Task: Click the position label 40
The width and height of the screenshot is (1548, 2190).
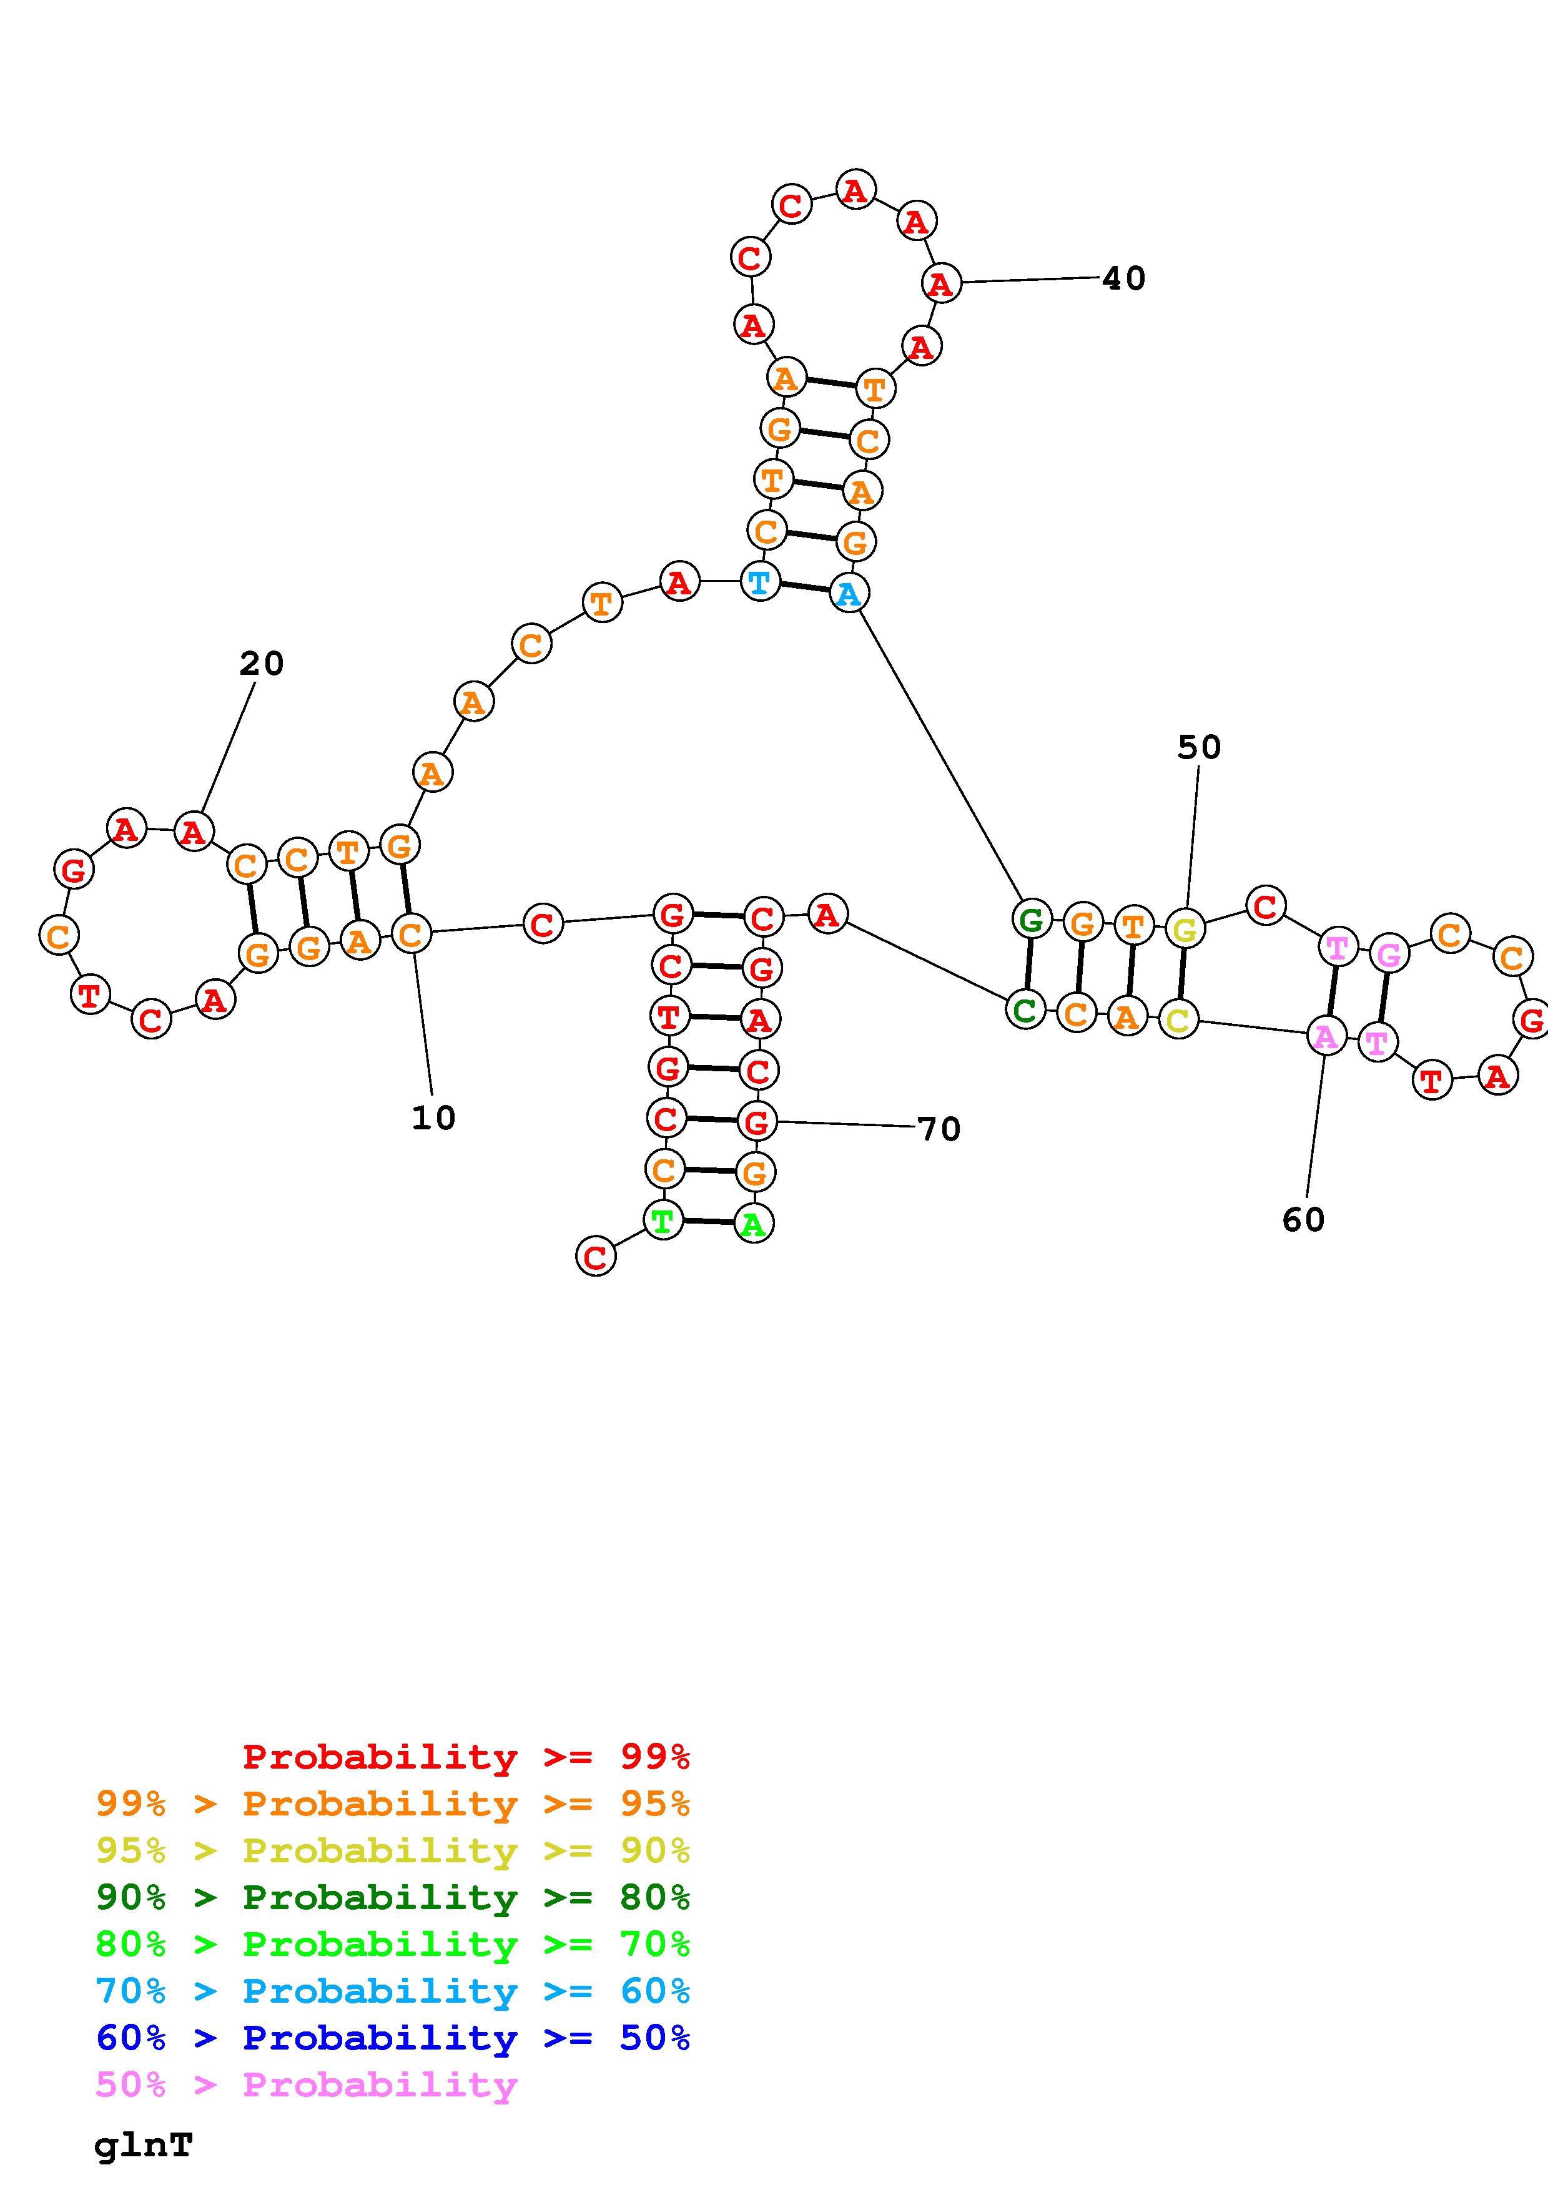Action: (x=1123, y=278)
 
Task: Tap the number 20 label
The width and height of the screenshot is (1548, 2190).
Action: (x=262, y=664)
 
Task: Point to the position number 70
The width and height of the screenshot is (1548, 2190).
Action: (x=939, y=1129)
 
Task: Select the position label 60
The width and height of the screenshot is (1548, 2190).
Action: (x=1303, y=1220)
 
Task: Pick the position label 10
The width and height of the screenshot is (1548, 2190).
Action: (x=433, y=1118)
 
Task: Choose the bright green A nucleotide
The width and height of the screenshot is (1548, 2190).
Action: (x=754, y=1224)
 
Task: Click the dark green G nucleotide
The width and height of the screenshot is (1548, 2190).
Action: (x=1031, y=920)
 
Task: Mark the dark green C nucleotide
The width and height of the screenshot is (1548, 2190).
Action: (x=1025, y=1009)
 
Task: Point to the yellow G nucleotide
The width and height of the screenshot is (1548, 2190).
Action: (x=1185, y=928)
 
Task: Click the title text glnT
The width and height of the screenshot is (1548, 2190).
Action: (x=143, y=2145)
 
